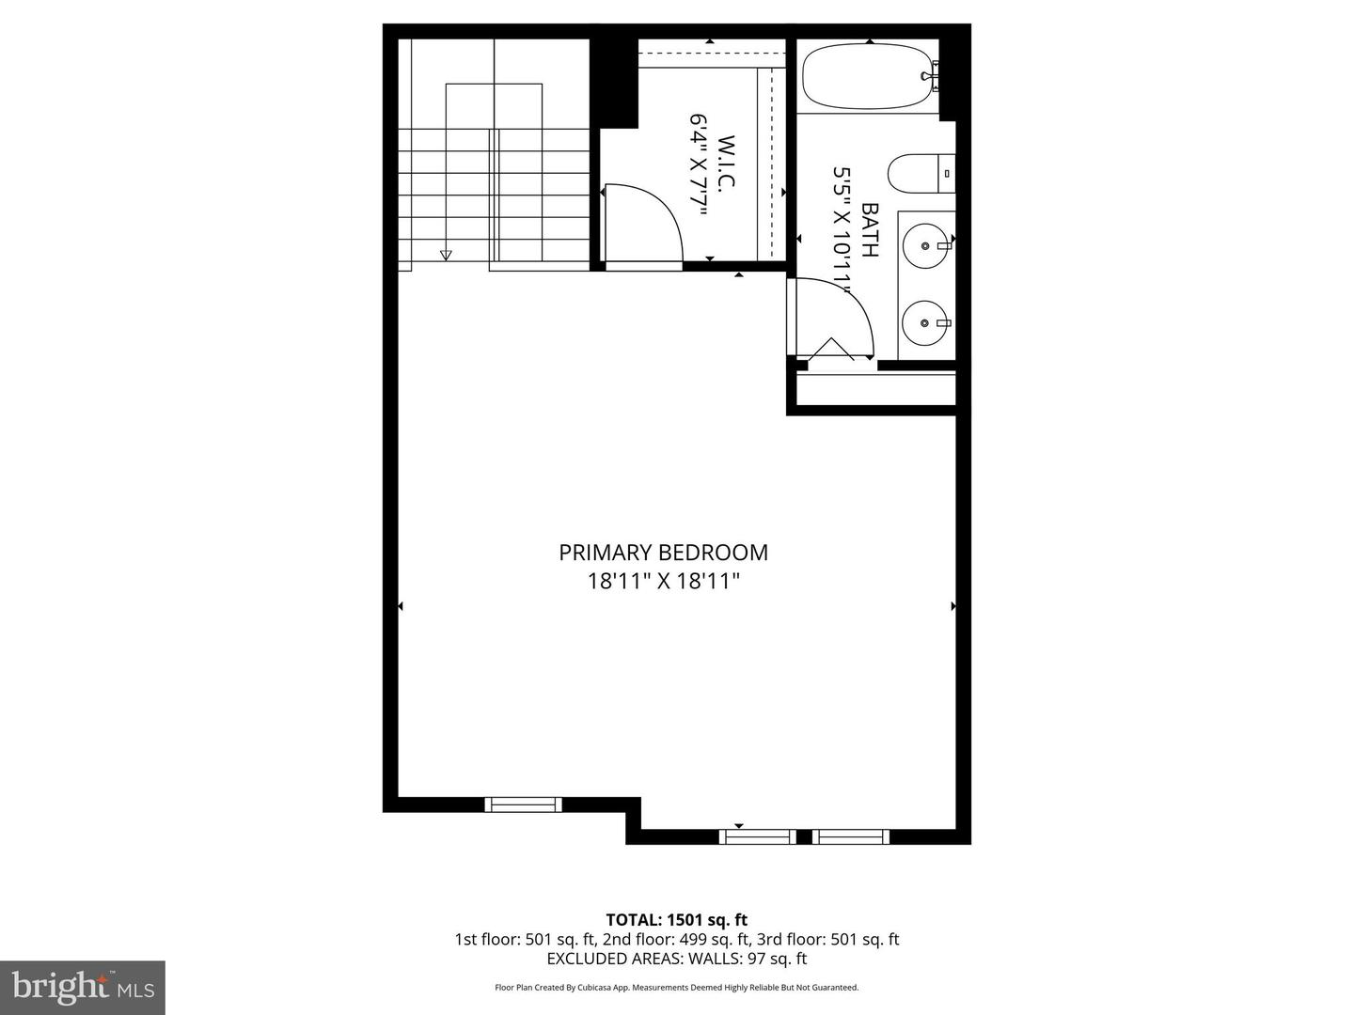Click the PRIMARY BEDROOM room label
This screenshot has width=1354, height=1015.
[663, 553]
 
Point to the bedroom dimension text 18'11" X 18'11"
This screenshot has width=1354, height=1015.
[663, 582]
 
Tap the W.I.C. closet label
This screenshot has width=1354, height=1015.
[726, 164]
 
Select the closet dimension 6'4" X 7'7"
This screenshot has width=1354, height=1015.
[699, 165]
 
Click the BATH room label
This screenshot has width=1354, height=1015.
[870, 230]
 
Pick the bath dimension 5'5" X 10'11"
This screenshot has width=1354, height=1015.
[842, 230]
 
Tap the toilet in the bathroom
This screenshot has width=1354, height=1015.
[920, 174]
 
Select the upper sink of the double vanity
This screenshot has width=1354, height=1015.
[927, 246]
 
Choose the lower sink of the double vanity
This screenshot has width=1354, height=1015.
[927, 323]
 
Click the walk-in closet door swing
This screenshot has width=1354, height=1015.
[642, 226]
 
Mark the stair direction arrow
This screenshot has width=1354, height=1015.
[446, 255]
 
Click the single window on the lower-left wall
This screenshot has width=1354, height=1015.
[523, 804]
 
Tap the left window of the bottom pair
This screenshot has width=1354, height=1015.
[758, 836]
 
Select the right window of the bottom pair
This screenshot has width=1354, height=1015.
[851, 836]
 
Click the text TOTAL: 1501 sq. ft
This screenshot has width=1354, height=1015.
[676, 920]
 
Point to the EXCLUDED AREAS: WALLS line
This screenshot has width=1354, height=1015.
[676, 960]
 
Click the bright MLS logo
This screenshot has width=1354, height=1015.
[83, 987]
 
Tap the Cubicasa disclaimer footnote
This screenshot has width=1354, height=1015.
[676, 988]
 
